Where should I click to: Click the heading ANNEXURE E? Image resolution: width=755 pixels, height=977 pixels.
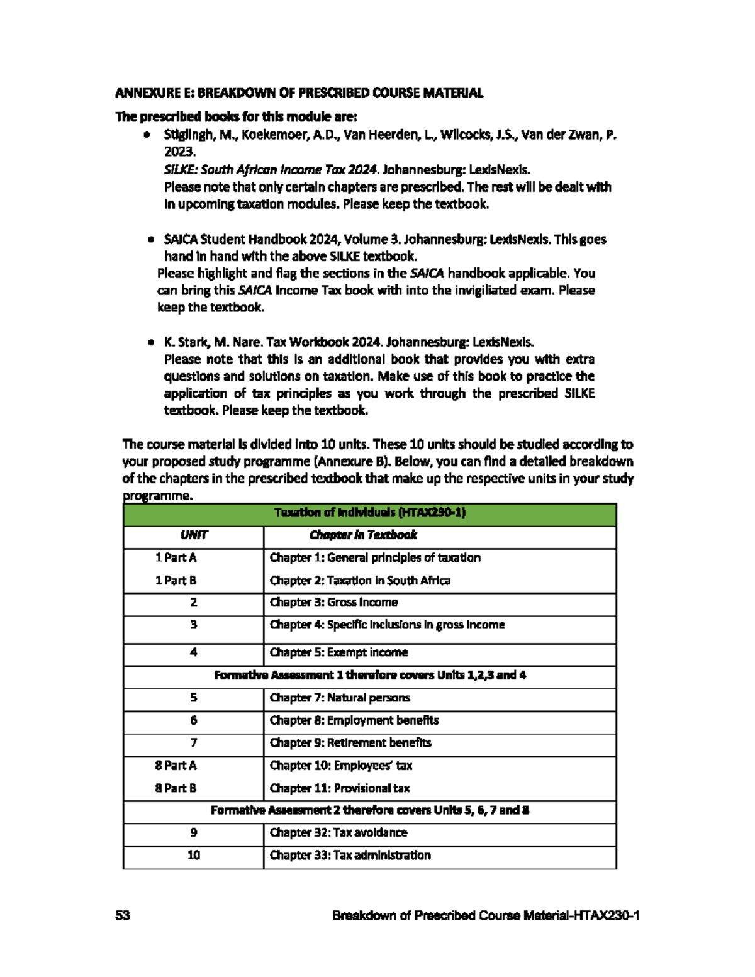pyautogui.click(x=299, y=93)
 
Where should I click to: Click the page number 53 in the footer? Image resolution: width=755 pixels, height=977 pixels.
pyautogui.click(x=122, y=915)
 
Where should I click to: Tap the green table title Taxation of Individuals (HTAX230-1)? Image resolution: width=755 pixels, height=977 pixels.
pyautogui.click(x=369, y=513)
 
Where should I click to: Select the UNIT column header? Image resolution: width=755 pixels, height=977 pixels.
pyautogui.click(x=193, y=535)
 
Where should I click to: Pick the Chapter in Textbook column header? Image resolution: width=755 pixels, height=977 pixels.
pyautogui.click(x=362, y=535)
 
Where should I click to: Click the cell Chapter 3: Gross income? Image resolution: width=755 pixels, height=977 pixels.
pyautogui.click(x=333, y=602)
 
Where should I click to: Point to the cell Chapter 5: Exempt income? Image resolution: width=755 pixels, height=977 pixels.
pyautogui.click(x=338, y=652)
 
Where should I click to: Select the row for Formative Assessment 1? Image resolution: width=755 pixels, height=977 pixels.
pyautogui.click(x=369, y=675)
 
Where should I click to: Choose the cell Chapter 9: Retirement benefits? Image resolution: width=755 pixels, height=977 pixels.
pyautogui.click(x=350, y=742)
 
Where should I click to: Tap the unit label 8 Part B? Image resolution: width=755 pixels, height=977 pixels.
pyautogui.click(x=176, y=788)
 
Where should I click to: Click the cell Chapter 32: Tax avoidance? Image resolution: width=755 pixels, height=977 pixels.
pyautogui.click(x=338, y=832)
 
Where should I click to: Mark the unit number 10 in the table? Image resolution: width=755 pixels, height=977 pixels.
pyautogui.click(x=193, y=855)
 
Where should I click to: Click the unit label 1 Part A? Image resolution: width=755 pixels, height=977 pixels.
pyautogui.click(x=176, y=557)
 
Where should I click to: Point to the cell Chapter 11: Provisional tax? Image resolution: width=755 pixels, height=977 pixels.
pyautogui.click(x=340, y=788)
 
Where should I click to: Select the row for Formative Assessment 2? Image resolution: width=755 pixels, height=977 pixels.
pyautogui.click(x=369, y=810)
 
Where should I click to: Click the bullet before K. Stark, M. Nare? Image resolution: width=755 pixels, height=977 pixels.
pyautogui.click(x=150, y=343)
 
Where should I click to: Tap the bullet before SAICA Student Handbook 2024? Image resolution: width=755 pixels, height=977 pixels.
pyautogui.click(x=150, y=240)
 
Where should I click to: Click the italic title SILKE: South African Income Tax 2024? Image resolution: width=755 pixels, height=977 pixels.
pyautogui.click(x=271, y=169)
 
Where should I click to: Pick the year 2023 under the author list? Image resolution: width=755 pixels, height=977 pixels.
pyautogui.click(x=180, y=152)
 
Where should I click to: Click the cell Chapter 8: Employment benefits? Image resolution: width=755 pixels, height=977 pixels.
pyautogui.click(x=354, y=720)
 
